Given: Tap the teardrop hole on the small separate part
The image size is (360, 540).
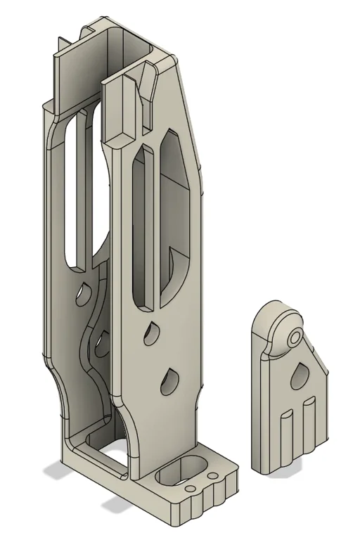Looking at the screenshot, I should click(x=299, y=377).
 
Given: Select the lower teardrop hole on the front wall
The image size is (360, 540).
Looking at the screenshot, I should click(x=168, y=381).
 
